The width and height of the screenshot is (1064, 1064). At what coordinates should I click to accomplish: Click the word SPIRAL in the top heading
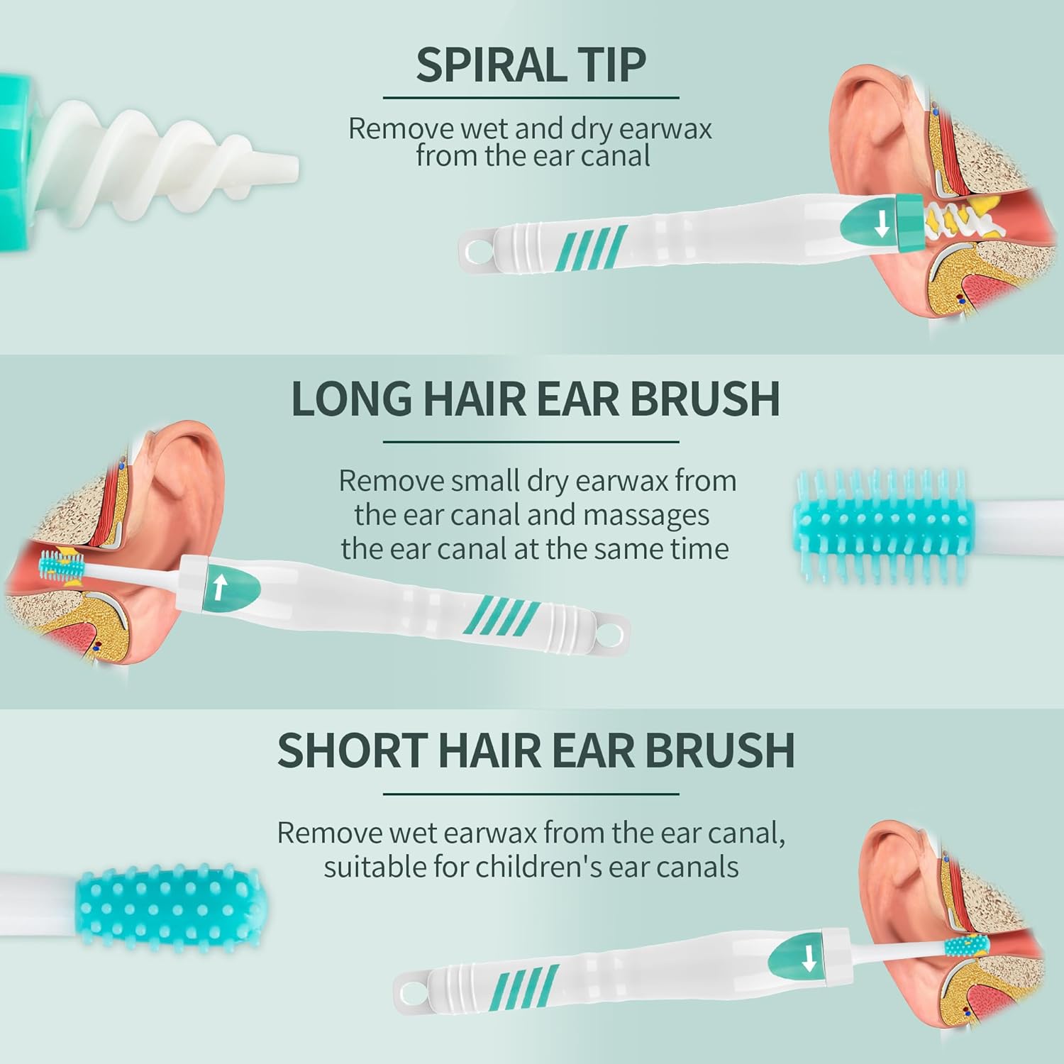pyautogui.click(x=489, y=65)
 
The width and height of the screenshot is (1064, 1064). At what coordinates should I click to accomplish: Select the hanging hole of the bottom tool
pyautogui.click(x=410, y=987)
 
